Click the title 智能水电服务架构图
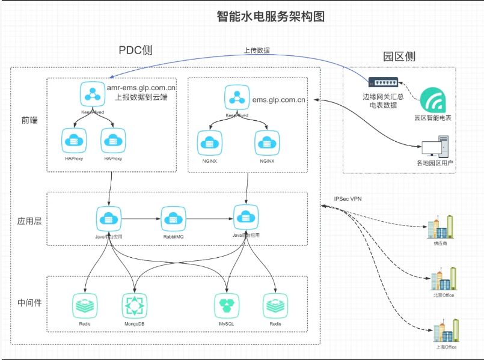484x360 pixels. [271, 16]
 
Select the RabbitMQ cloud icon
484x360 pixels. [173, 218]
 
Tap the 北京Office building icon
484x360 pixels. [443, 279]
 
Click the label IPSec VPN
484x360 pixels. [348, 199]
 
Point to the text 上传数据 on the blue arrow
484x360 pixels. [257, 50]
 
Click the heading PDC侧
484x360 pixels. [135, 50]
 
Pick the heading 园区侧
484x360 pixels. [399, 57]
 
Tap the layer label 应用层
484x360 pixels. [29, 221]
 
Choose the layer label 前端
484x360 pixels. [29, 120]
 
